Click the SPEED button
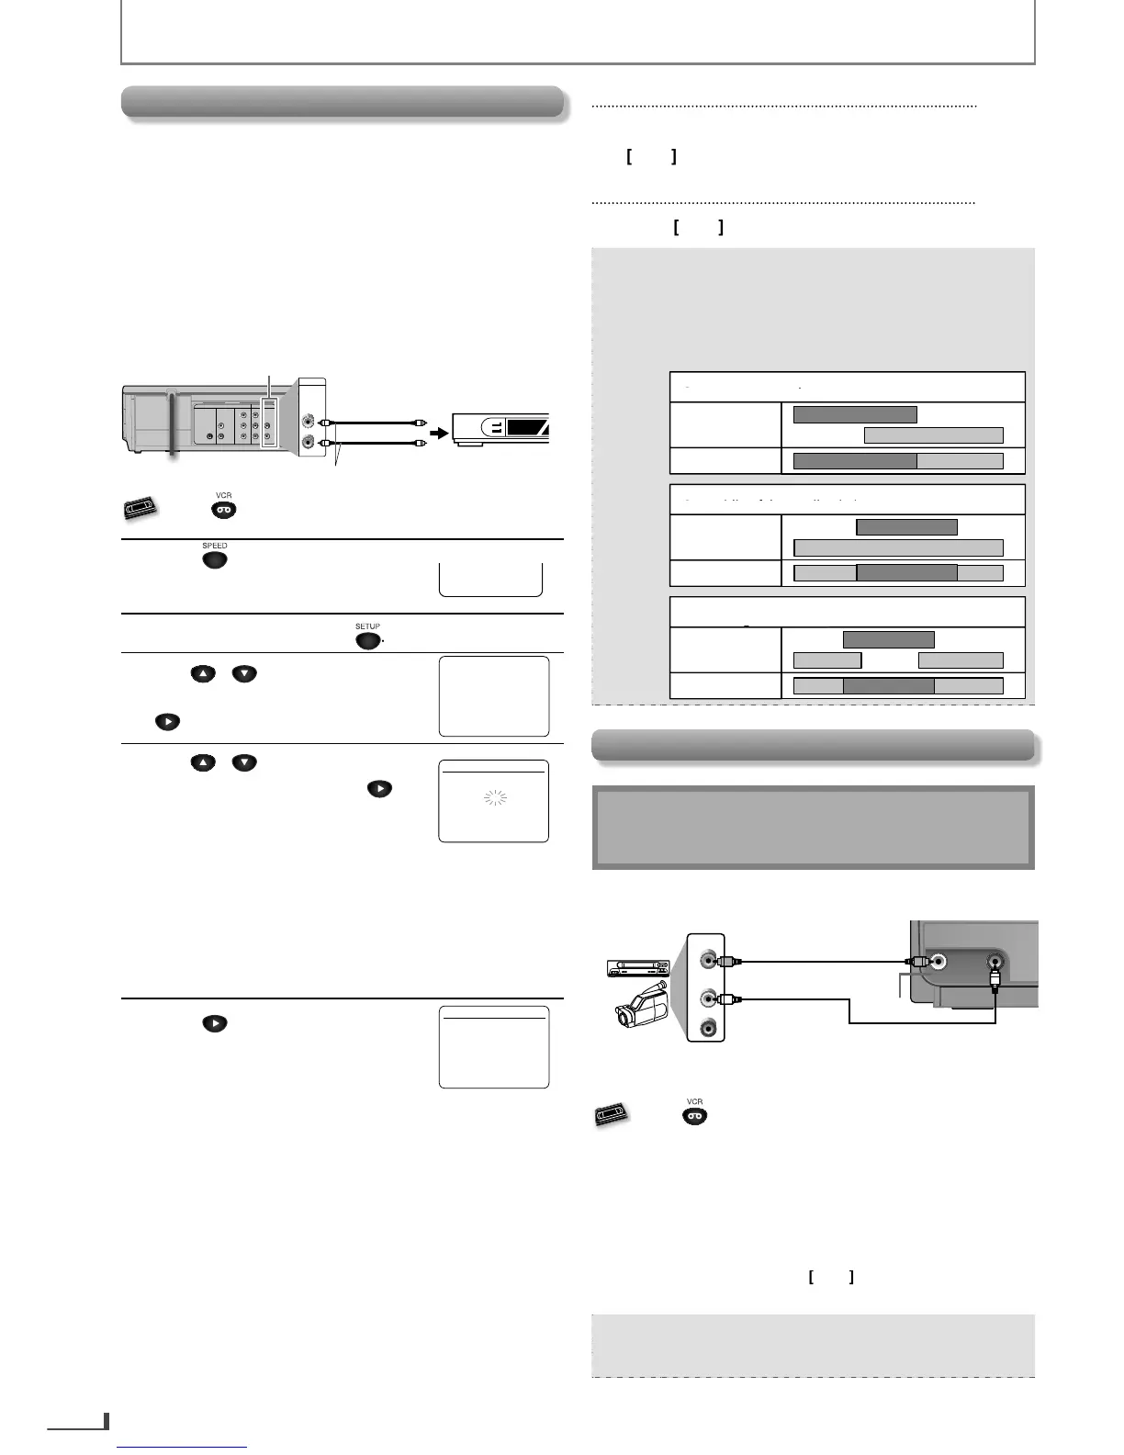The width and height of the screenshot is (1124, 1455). [x=214, y=559]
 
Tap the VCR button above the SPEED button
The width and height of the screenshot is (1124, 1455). [x=224, y=510]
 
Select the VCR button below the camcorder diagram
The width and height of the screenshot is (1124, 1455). [x=694, y=1116]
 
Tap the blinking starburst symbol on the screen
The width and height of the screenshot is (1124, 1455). [x=495, y=798]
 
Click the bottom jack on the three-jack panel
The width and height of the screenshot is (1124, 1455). [x=708, y=1029]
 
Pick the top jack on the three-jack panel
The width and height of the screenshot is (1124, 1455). [x=708, y=961]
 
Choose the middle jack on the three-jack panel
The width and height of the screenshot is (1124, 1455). [x=708, y=998]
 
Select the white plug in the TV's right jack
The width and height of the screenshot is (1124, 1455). [x=995, y=979]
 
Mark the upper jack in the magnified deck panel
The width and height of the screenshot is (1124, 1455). [x=311, y=422]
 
